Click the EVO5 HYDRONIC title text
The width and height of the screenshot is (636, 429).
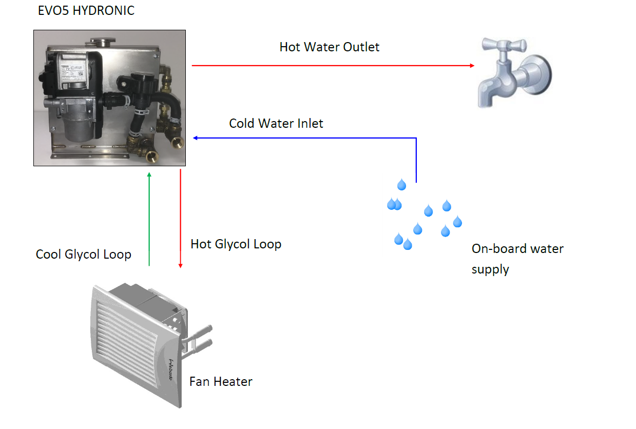(86, 11)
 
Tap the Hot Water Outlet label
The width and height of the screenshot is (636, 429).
(329, 47)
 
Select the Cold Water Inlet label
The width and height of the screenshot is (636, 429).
(276, 124)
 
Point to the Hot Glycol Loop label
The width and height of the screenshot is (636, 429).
(236, 244)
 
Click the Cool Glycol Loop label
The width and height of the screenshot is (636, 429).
(83, 255)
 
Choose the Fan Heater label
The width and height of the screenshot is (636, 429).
(221, 382)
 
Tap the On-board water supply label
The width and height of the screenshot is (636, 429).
(517, 259)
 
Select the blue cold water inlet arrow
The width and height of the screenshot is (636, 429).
(308, 138)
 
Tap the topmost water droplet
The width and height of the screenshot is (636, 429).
(401, 184)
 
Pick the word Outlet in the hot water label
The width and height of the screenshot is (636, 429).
(362, 47)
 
